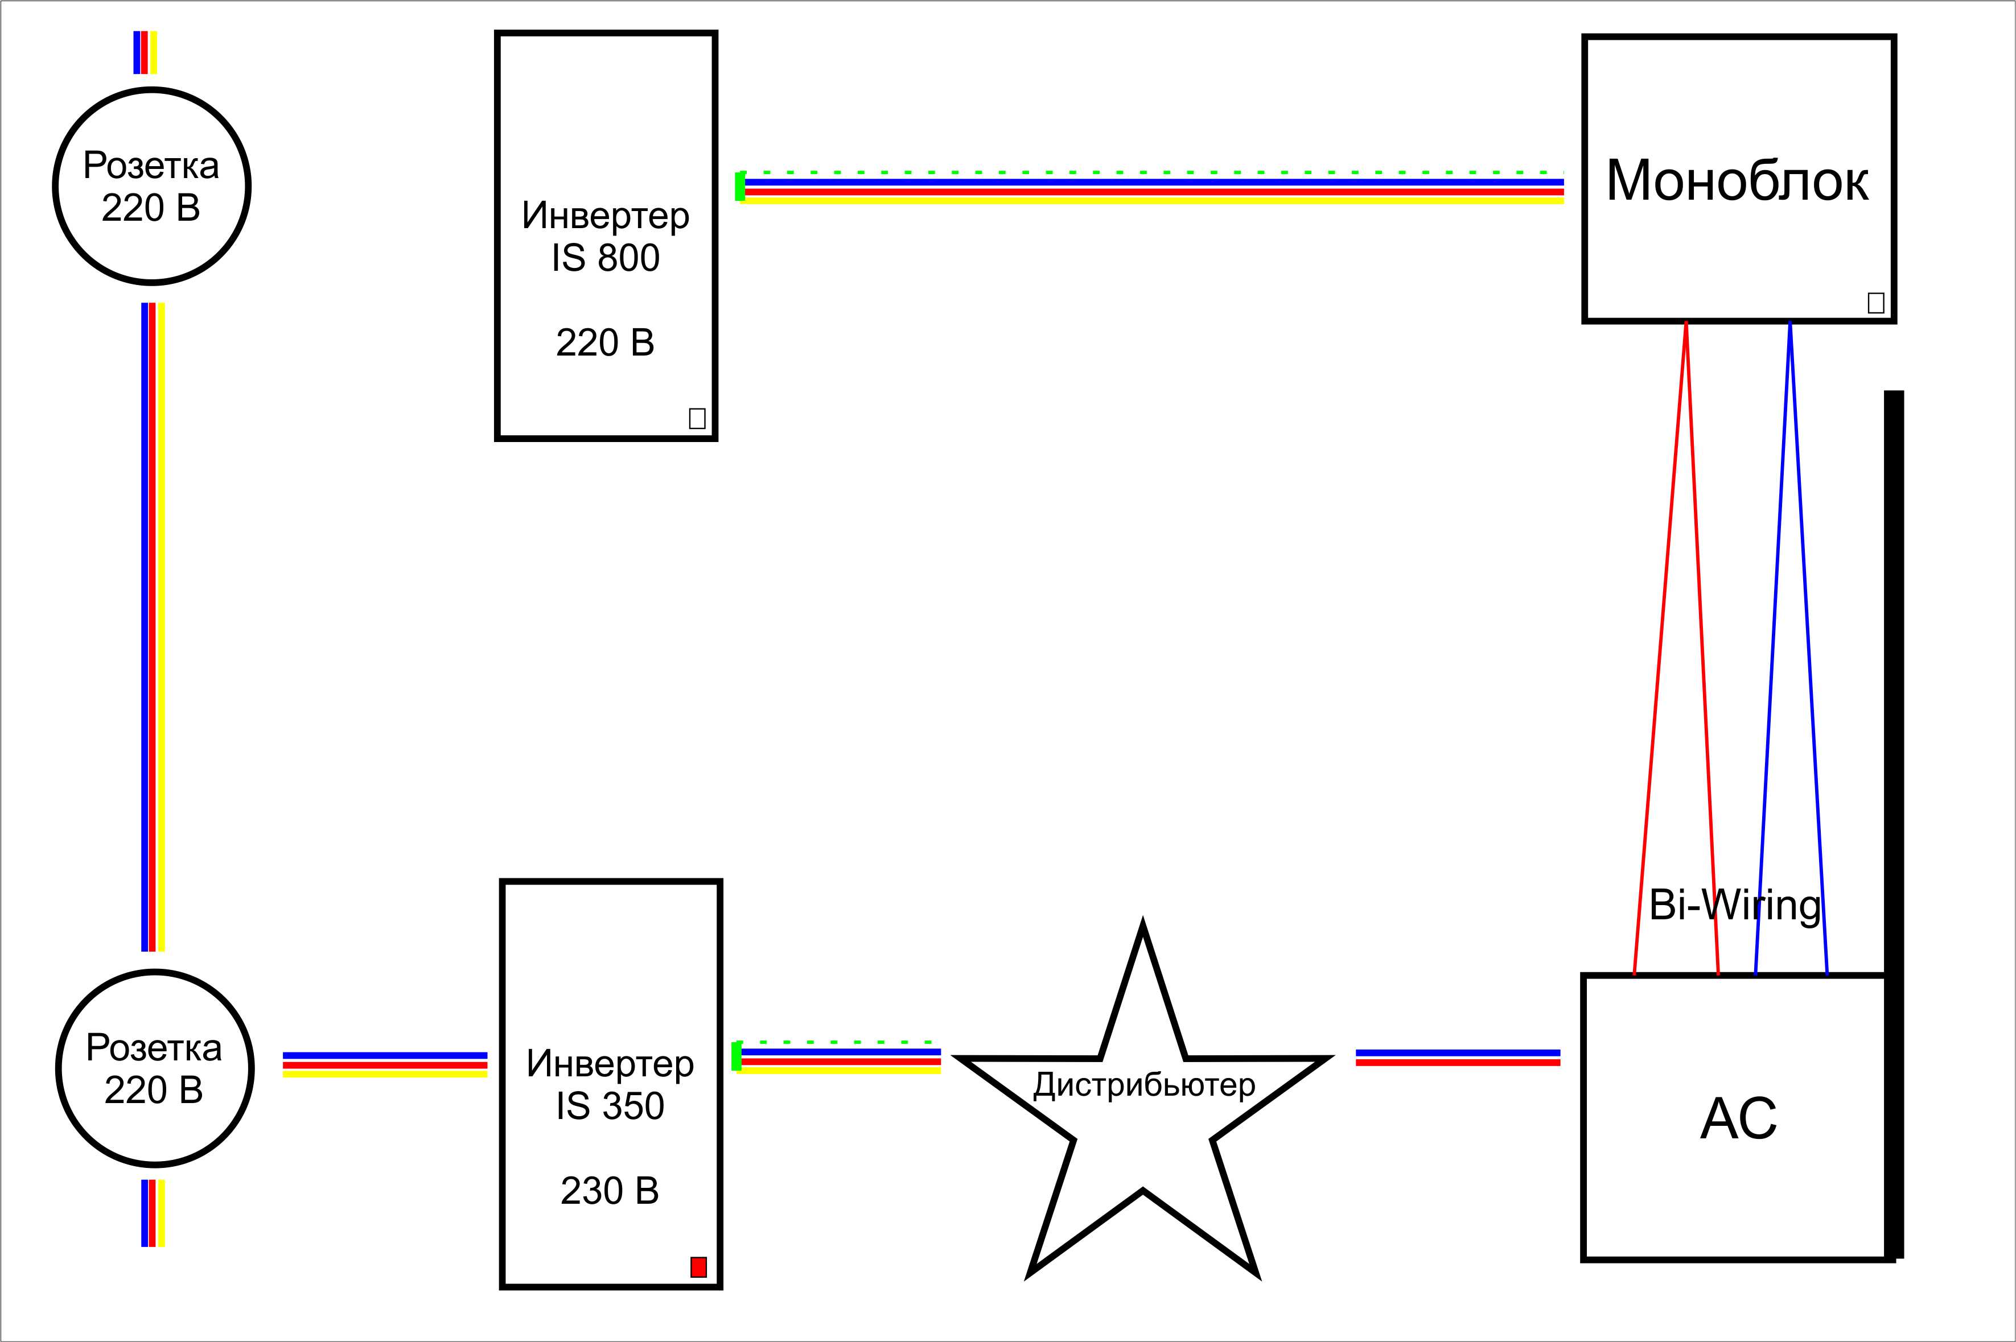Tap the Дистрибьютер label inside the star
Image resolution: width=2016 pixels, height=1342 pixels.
click(1143, 1085)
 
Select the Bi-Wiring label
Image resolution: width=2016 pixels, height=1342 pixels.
click(1735, 905)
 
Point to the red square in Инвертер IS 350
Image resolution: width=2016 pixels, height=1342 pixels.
click(698, 1267)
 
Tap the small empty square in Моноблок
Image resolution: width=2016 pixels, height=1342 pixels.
click(1875, 303)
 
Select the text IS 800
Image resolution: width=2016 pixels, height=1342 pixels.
click(605, 258)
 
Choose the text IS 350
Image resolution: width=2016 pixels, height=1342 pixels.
click(610, 1106)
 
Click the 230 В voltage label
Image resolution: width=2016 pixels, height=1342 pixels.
click(610, 1191)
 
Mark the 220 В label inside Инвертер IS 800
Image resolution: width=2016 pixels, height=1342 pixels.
click(605, 342)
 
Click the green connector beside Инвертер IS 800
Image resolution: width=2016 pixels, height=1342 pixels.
click(739, 187)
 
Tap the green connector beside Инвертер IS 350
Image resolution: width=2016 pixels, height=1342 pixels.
click(736, 1056)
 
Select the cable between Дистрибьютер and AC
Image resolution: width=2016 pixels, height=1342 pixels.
click(1458, 1058)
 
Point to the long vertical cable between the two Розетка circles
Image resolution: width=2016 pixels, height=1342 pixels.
click(153, 626)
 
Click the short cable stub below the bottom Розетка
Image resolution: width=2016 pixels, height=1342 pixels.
click(153, 1213)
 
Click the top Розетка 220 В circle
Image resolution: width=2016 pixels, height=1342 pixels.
click(151, 185)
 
